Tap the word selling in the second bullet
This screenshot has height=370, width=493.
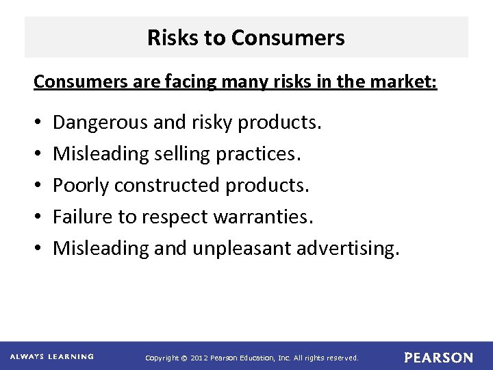pos(181,154)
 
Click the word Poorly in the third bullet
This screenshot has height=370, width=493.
pos(81,186)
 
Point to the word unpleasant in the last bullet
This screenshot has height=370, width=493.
pos(242,248)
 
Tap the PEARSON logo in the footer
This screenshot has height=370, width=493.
pos(438,357)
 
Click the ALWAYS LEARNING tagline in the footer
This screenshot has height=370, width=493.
pos(52,356)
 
